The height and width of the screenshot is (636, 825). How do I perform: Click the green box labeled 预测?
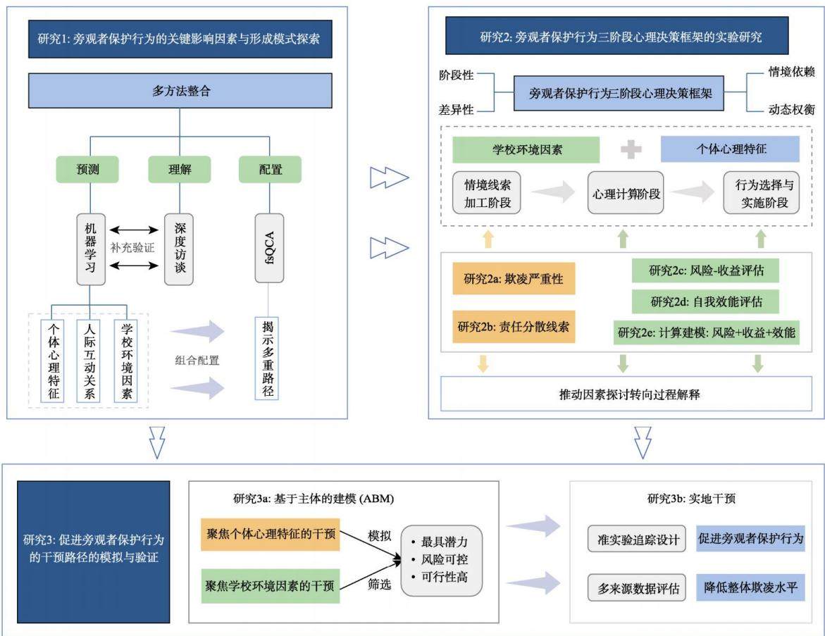(x=87, y=170)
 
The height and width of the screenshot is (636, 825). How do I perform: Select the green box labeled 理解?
(x=180, y=170)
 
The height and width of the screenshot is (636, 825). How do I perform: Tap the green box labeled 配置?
(x=270, y=170)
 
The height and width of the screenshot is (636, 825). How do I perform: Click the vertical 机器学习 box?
(x=90, y=249)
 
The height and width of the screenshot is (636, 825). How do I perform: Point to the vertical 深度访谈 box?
(x=179, y=249)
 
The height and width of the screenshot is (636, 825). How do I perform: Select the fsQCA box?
(x=269, y=248)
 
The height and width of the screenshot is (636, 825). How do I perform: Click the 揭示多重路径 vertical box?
(x=267, y=358)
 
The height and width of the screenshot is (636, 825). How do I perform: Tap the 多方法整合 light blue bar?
(x=180, y=90)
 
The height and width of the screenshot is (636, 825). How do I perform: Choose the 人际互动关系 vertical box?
(x=89, y=361)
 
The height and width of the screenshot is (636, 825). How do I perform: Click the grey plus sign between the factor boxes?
(x=631, y=149)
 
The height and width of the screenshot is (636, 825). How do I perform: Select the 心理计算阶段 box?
(x=626, y=193)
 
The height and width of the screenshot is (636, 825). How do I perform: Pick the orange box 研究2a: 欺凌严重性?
(x=514, y=278)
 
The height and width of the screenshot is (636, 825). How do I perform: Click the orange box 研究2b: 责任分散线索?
(x=514, y=327)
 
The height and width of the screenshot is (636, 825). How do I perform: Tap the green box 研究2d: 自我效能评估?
(x=705, y=301)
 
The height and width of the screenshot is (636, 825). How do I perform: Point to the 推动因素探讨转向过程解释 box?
(x=626, y=394)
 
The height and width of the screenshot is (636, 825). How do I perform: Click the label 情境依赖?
(x=791, y=72)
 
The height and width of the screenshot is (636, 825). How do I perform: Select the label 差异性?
(x=456, y=109)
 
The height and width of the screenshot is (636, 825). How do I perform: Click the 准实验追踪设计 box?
(x=637, y=539)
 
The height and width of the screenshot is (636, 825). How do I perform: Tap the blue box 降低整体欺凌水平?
(x=751, y=587)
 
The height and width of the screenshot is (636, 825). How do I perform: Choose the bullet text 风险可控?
(x=444, y=559)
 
